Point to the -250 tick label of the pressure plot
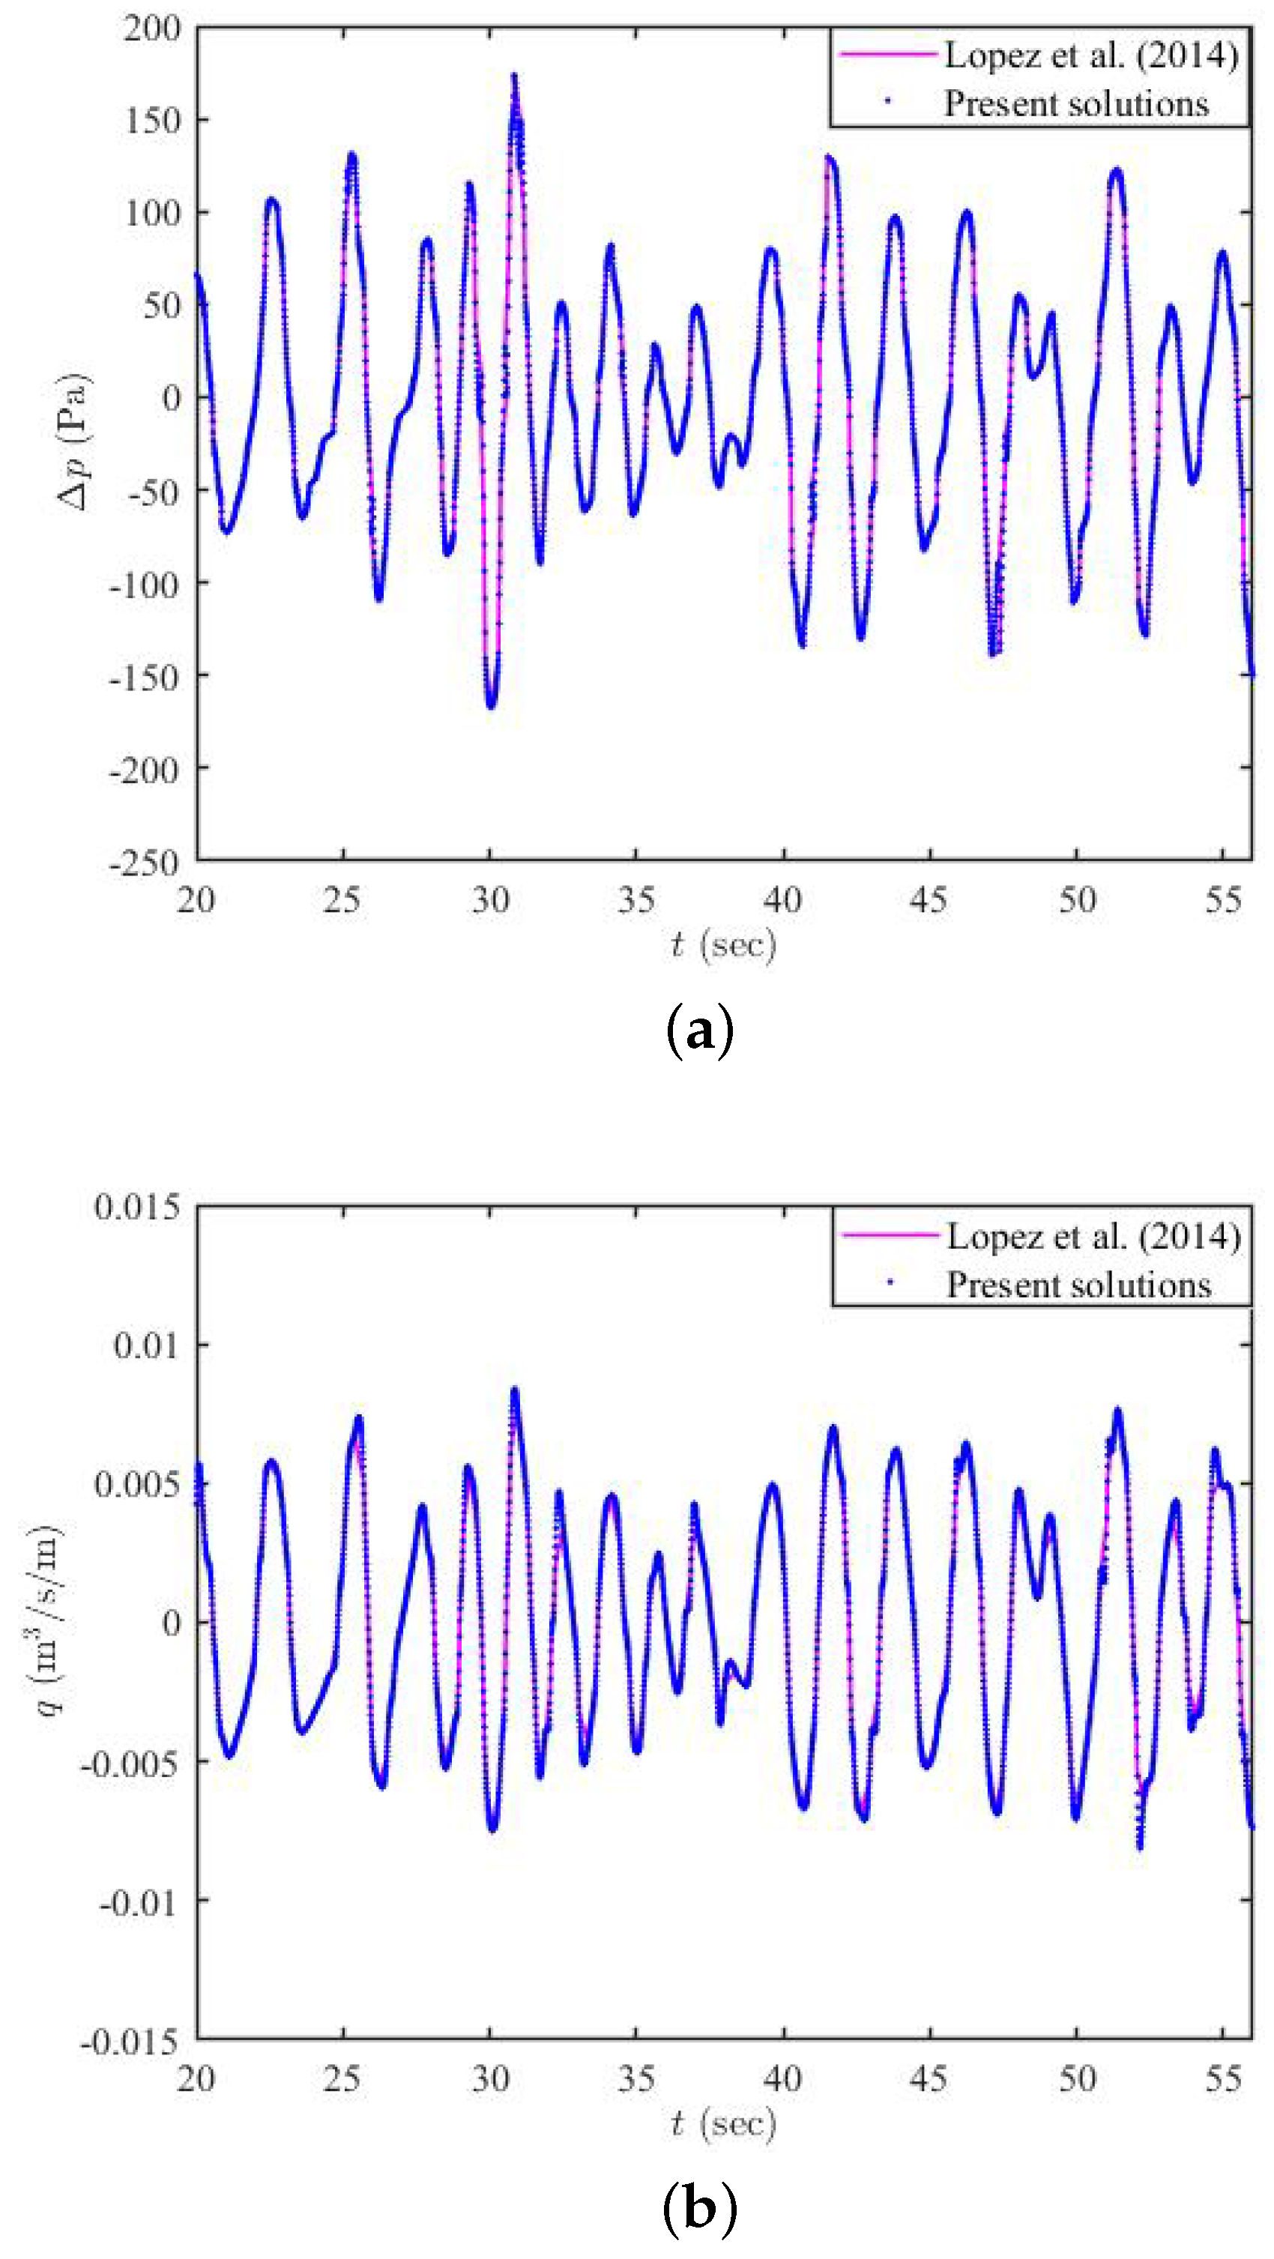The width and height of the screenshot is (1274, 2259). pyautogui.click(x=144, y=861)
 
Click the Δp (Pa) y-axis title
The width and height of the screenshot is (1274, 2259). pyautogui.click(x=73, y=442)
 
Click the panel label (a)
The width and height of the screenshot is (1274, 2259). pyautogui.click(x=698, y=1031)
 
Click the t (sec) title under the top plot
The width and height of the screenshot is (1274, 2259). pyautogui.click(x=723, y=944)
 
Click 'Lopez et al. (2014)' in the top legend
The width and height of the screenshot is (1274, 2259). pyautogui.click(x=1090, y=55)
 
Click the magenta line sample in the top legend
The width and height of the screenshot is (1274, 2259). pyautogui.click(x=887, y=55)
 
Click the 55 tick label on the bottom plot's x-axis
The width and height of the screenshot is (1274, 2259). pyautogui.click(x=1223, y=2078)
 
